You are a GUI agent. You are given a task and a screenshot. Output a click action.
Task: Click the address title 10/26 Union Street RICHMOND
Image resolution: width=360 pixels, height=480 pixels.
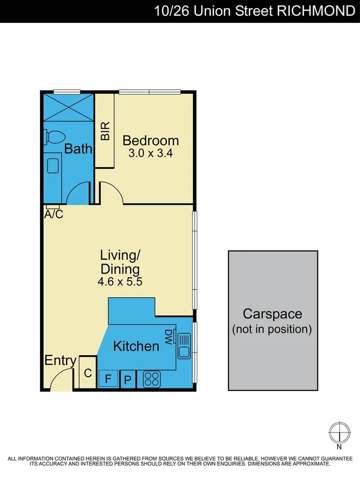pos(254,11)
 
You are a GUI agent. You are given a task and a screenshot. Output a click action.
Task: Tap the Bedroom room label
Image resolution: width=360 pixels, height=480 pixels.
pos(150,141)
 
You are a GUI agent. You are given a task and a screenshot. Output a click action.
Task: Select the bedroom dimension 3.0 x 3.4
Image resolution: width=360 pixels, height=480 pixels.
pos(150,153)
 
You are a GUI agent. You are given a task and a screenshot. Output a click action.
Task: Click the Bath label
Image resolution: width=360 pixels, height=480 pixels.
pos(78,149)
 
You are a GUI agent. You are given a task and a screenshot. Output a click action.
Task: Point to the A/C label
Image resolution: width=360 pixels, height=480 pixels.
pos(53,214)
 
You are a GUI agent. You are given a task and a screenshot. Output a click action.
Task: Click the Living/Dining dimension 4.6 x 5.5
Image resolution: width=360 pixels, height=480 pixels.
pos(120,282)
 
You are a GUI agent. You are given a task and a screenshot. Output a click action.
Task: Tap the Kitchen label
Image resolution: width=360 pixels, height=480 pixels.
pos(136,346)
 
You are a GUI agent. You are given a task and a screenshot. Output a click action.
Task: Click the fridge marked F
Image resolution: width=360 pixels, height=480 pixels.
pos(108,379)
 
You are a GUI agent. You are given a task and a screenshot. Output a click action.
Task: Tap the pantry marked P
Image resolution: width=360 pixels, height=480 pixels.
pos(128,380)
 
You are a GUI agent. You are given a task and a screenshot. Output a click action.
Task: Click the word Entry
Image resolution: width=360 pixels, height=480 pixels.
pos(60,361)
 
